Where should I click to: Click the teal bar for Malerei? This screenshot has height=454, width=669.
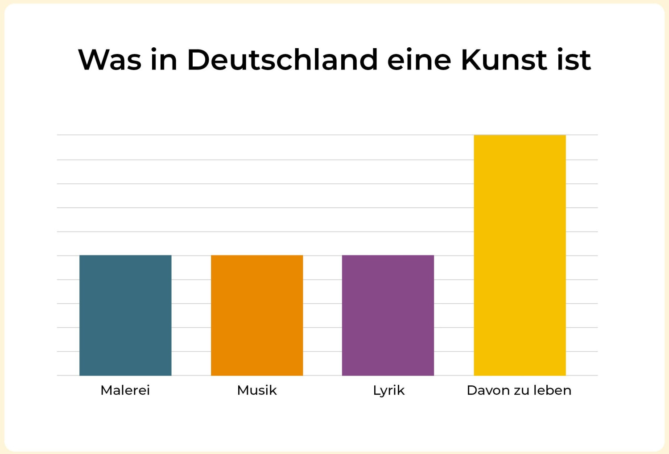click(125, 315)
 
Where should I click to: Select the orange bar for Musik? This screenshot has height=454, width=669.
click(257, 315)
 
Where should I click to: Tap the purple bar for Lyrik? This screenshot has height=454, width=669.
click(388, 315)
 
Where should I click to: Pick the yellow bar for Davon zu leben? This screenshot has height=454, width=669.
click(520, 255)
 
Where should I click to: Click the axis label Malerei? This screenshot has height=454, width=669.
click(125, 390)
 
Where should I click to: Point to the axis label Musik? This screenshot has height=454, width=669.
click(257, 390)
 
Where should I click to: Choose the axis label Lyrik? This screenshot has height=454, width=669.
click(389, 390)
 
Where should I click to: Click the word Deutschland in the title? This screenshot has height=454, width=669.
click(282, 60)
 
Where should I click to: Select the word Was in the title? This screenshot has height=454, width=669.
click(110, 60)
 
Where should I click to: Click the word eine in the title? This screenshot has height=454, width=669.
click(419, 60)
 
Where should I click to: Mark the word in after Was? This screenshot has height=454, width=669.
click(164, 60)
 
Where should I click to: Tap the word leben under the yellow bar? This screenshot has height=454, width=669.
click(553, 390)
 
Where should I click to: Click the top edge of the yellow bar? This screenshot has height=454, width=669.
click(520, 135)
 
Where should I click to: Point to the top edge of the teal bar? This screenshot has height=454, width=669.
click(125, 256)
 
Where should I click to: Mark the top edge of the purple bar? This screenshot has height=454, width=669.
click(388, 256)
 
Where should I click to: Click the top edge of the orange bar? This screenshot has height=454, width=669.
click(257, 256)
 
